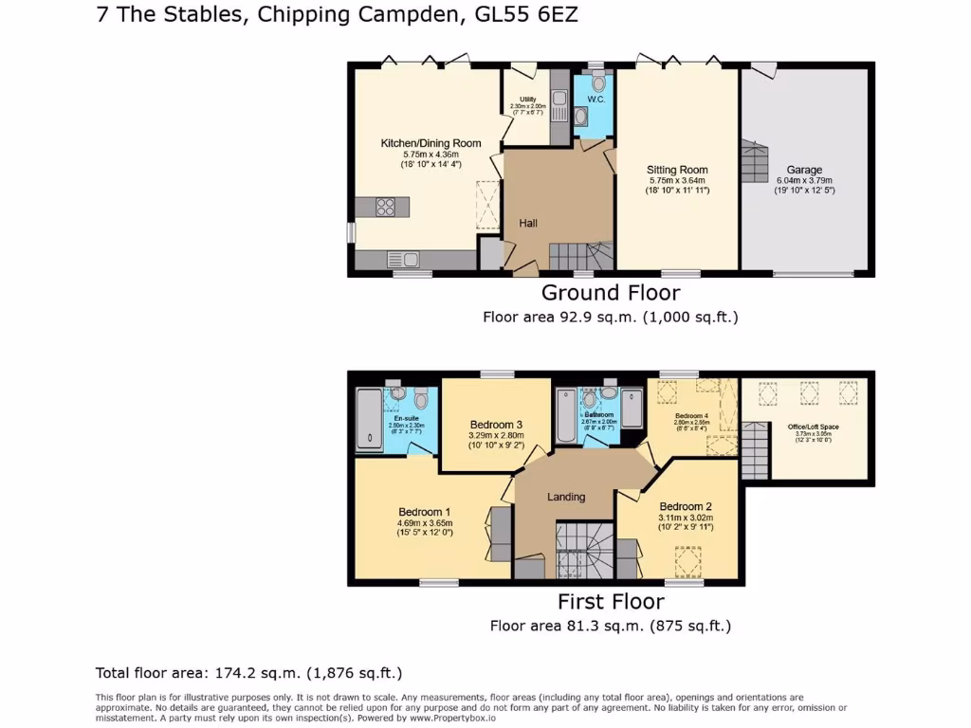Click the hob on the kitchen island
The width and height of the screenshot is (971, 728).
tap(386, 206)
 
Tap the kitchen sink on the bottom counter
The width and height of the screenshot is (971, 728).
tap(403, 258)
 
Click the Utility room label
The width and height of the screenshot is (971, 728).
tap(528, 100)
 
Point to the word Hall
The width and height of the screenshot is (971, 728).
tap(528, 223)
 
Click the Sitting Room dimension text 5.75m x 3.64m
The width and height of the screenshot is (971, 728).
tap(678, 181)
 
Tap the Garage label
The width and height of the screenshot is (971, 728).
tap(804, 171)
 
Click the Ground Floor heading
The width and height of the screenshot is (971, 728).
tap(610, 292)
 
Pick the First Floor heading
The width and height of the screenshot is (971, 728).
tap(610, 601)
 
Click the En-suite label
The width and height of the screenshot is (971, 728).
tap(406, 417)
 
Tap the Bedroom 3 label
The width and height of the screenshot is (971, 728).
tap(496, 424)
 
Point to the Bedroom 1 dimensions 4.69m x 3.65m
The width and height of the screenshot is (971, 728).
tap(425, 522)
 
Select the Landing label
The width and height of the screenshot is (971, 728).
tap(566, 497)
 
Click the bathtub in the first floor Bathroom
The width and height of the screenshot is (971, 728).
tap(567, 419)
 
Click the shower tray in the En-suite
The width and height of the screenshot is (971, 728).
tap(365, 419)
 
